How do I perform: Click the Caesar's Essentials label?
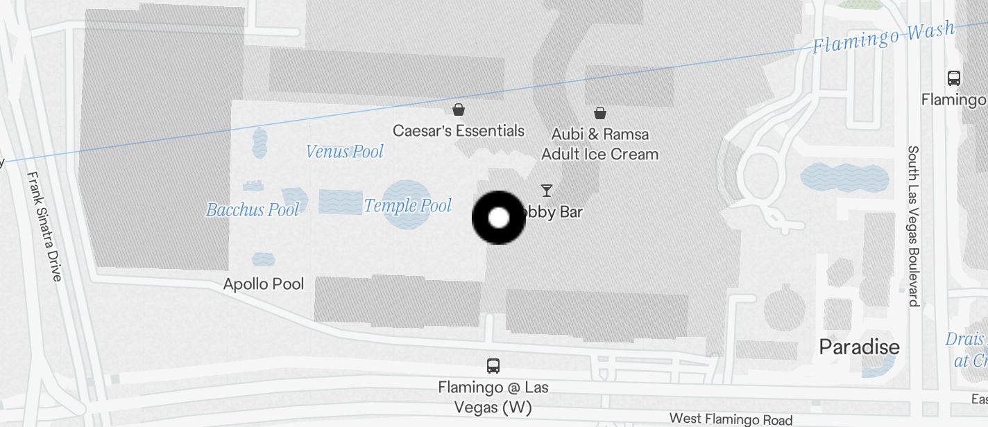pos(458,130)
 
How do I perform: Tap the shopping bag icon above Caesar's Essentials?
pos(458,110)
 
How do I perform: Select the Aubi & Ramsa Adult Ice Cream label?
pos(599,143)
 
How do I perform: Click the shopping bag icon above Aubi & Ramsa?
pos(599,112)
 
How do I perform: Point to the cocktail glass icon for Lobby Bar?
pos(547,190)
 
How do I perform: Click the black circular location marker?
pos(499,218)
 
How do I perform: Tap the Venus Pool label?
pos(345,151)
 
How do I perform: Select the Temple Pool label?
pos(407,205)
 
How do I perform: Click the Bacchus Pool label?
pos(253,209)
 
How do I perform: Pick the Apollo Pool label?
pos(264,284)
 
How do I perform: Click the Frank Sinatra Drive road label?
pos(45,226)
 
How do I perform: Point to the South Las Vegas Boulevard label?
pos(914,225)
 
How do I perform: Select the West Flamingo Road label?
pos(730,419)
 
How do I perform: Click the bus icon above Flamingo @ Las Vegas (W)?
pos(493,365)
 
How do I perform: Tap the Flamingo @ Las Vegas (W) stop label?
pos(493,396)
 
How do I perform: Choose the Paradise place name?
pos(859,347)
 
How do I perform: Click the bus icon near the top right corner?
pos(954,78)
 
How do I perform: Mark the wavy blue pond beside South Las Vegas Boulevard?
pos(844,177)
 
